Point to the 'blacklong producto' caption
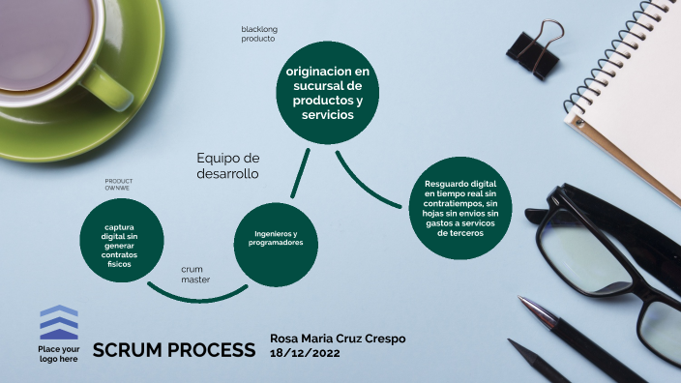[x=258, y=34]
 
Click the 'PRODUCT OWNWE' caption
[x=118, y=184]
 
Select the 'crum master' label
[x=196, y=274]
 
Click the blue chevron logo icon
[x=59, y=322]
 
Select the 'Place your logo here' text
[x=58, y=353]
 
